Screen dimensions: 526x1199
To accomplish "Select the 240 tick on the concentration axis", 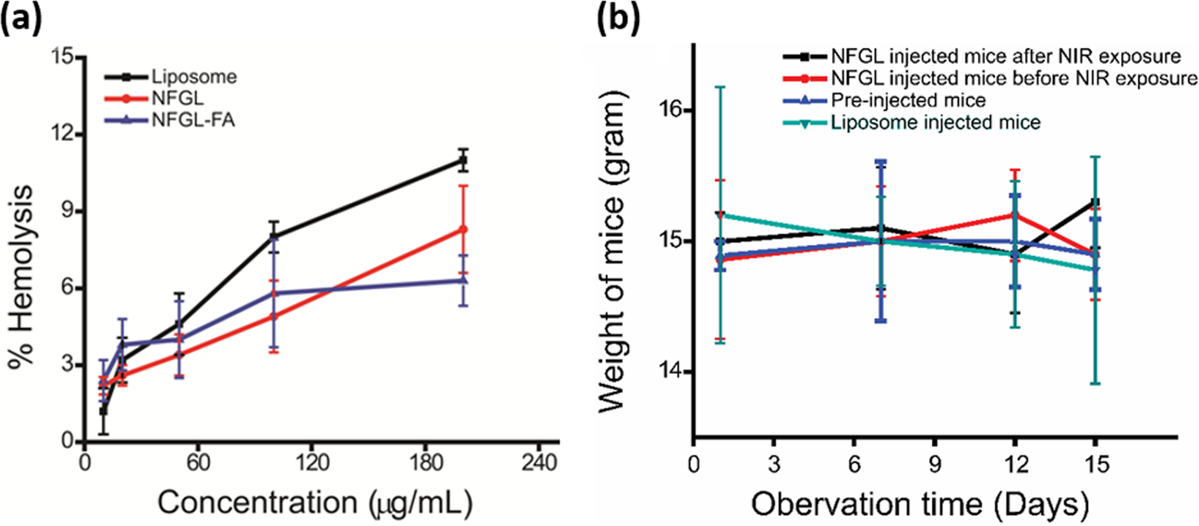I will [539, 461].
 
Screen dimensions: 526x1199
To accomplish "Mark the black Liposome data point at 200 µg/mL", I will [463, 160].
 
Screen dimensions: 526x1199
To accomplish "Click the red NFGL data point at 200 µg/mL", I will [463, 229].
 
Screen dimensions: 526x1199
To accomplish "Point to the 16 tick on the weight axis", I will [669, 110].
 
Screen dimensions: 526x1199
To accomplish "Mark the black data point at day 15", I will [1095, 202].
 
